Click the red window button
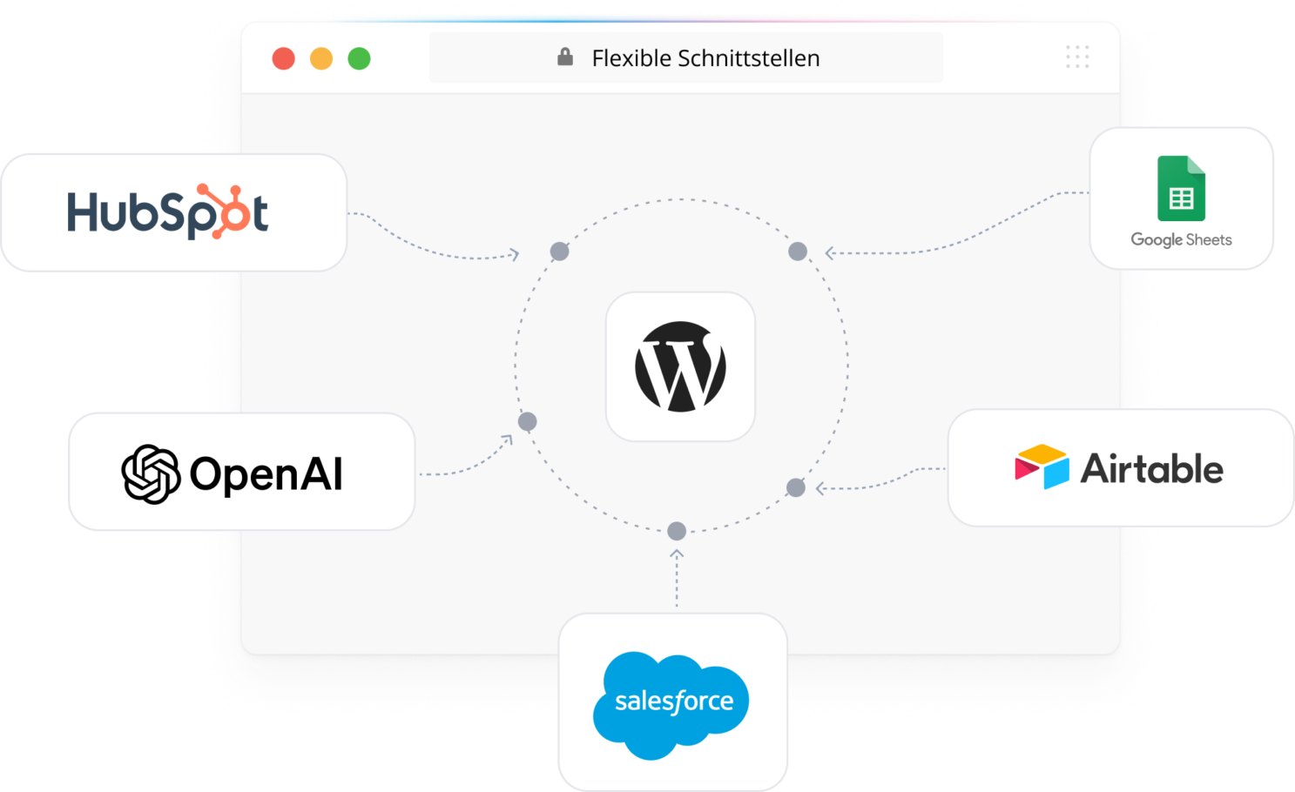pyautogui.click(x=283, y=58)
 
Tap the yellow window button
pyautogui.click(x=321, y=58)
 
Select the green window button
pyautogui.click(x=359, y=58)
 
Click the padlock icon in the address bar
pyautogui.click(x=565, y=57)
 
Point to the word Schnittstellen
pyautogui.click(x=749, y=58)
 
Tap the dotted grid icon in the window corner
pyautogui.click(x=1077, y=57)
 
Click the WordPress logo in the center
pyautogui.click(x=680, y=366)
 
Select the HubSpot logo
pyautogui.click(x=168, y=211)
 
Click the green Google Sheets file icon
pyautogui.click(x=1181, y=188)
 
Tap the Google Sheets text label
pyautogui.click(x=1181, y=239)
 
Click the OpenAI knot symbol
pyautogui.click(x=151, y=474)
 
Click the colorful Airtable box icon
pyautogui.click(x=1042, y=466)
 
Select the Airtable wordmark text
pyautogui.click(x=1152, y=468)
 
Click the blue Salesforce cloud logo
pyautogui.click(x=671, y=705)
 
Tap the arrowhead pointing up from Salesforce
pyautogui.click(x=677, y=554)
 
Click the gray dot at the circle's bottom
pyautogui.click(x=677, y=531)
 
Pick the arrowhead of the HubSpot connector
pyautogui.click(x=515, y=254)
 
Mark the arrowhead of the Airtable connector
pyautogui.click(x=819, y=489)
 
